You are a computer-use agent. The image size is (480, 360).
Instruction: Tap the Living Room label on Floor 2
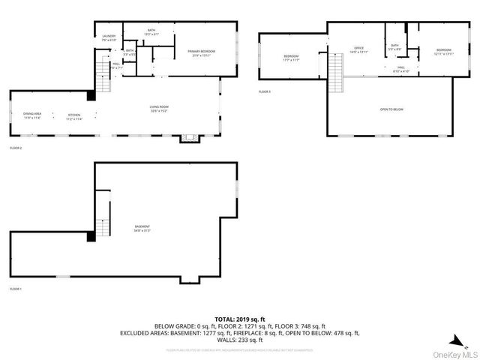click(x=159, y=109)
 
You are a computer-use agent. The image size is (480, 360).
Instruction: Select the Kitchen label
click(x=73, y=116)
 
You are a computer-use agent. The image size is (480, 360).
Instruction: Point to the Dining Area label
click(x=32, y=115)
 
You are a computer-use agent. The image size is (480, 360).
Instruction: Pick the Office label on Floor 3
click(x=358, y=49)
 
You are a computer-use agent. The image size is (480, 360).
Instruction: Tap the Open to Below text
click(x=391, y=109)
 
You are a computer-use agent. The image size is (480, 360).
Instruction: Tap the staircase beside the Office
click(x=336, y=73)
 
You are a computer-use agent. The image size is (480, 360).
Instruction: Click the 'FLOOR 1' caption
click(x=16, y=289)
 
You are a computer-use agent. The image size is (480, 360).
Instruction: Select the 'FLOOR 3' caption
click(x=264, y=91)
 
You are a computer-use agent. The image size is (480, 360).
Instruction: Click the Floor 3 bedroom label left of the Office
click(x=291, y=58)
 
